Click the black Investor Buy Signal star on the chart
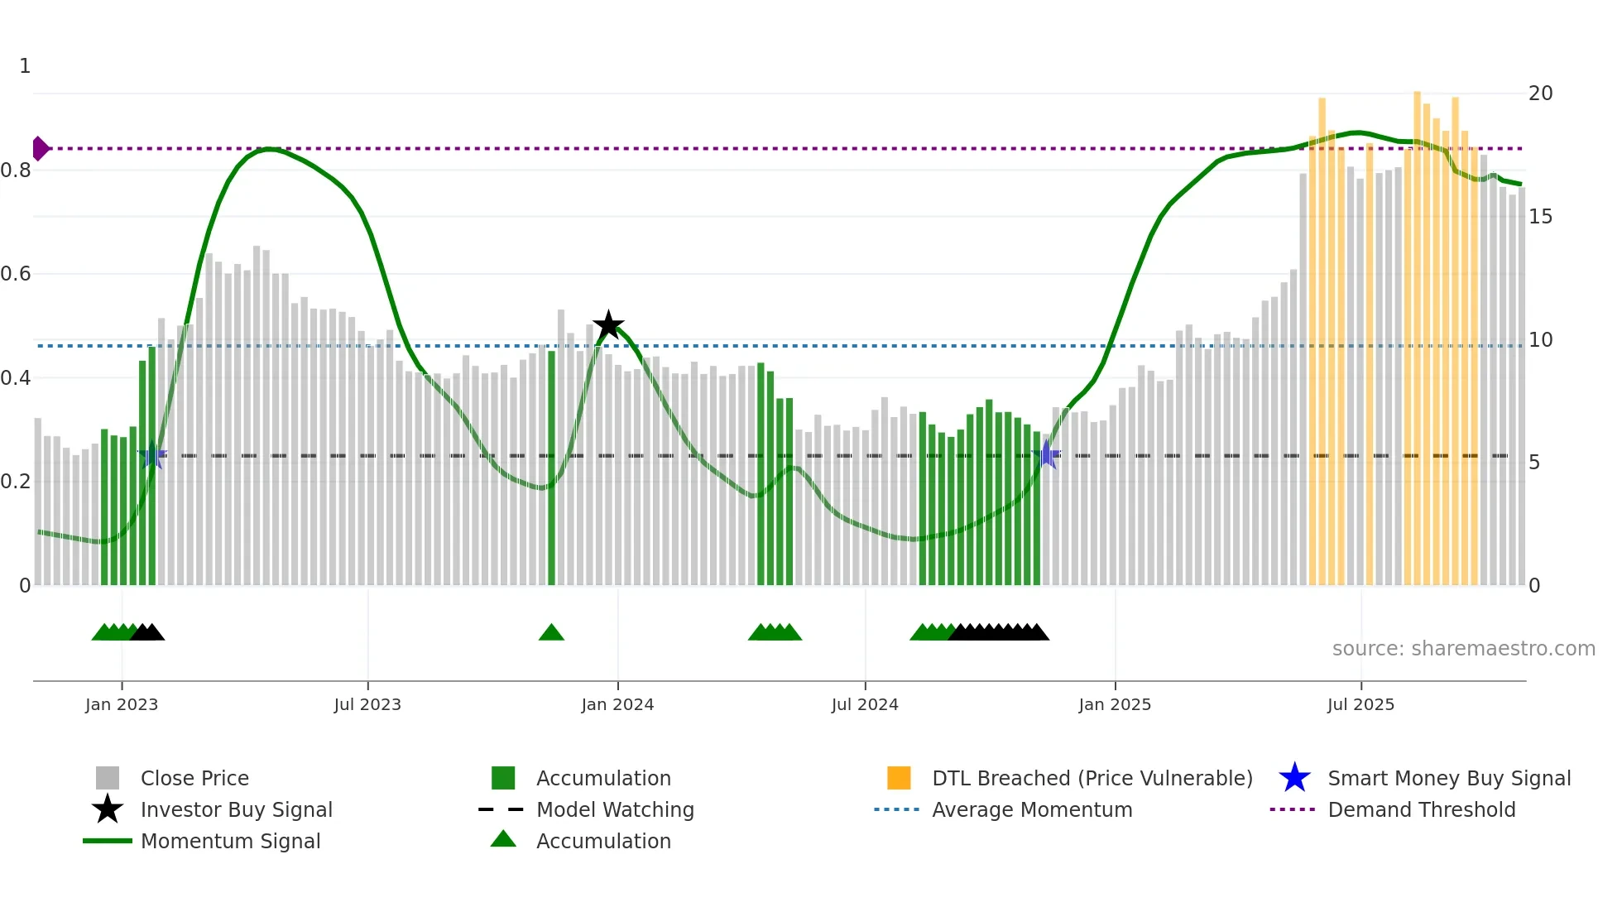[608, 325]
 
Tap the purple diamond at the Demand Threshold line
[40, 149]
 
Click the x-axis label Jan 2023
[122, 705]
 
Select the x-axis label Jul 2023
[367, 705]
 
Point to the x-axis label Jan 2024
[617, 705]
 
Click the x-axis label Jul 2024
[865, 705]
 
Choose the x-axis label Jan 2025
[1115, 705]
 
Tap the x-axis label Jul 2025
[1360, 705]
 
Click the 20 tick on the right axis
[1540, 94]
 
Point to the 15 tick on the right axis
[1540, 217]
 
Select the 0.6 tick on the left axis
[17, 274]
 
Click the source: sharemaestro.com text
[1463, 649]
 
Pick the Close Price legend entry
[194, 779]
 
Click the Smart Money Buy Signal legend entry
[1448, 779]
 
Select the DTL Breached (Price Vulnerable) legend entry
[1092, 779]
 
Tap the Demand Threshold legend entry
[1421, 810]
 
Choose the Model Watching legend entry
[615, 810]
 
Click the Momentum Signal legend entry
[230, 842]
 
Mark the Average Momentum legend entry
[1032, 810]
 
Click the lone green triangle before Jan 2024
[551, 633]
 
